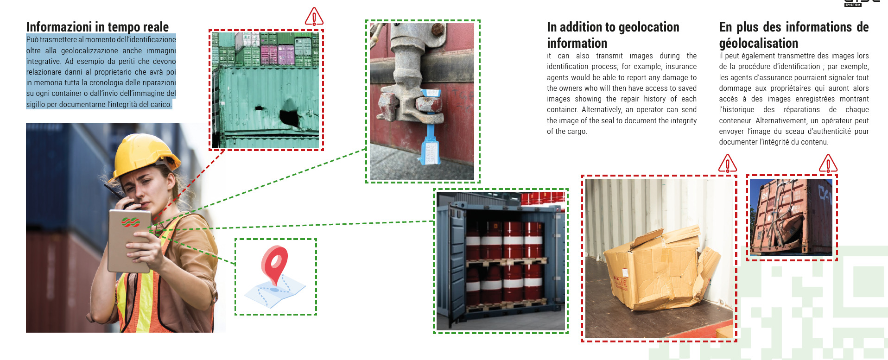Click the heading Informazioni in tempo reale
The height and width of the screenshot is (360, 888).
(x=97, y=27)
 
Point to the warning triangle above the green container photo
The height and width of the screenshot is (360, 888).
(x=314, y=17)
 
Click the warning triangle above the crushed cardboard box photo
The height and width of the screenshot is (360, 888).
(x=727, y=164)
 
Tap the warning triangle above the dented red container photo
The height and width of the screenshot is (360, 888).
(x=828, y=164)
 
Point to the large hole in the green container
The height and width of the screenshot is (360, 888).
(x=290, y=116)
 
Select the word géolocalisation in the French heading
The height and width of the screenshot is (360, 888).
(x=759, y=44)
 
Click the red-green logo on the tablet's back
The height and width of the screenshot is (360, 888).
(x=131, y=221)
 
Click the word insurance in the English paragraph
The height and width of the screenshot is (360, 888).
(x=681, y=67)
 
